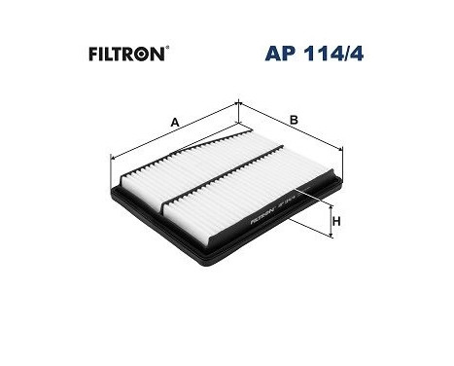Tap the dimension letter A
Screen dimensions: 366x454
174,122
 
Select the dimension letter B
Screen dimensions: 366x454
293,122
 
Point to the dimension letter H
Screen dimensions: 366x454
336,222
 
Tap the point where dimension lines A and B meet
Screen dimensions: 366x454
238,102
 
